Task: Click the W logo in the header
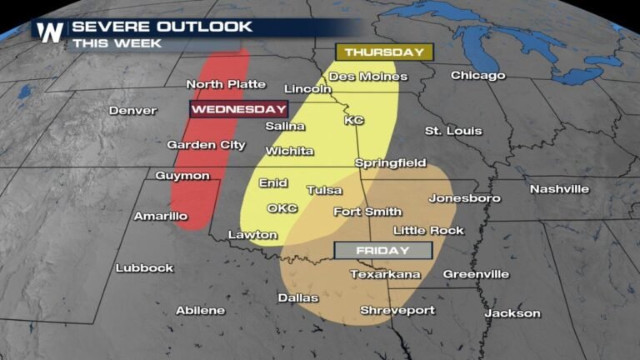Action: (x=49, y=32)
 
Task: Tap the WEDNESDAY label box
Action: (x=238, y=109)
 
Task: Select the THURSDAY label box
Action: (x=384, y=52)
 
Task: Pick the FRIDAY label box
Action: (x=383, y=250)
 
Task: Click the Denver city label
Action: (x=132, y=111)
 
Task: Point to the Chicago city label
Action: (x=477, y=76)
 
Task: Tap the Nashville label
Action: (x=559, y=189)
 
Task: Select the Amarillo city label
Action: (x=161, y=217)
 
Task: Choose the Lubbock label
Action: (x=144, y=268)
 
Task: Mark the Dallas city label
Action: (x=298, y=297)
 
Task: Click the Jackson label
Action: (x=512, y=314)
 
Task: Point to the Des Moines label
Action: (x=367, y=77)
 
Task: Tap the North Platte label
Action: (x=226, y=84)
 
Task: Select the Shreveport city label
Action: (x=397, y=311)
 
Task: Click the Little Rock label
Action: (x=427, y=230)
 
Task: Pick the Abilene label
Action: (x=200, y=311)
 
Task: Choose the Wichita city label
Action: (x=289, y=151)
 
